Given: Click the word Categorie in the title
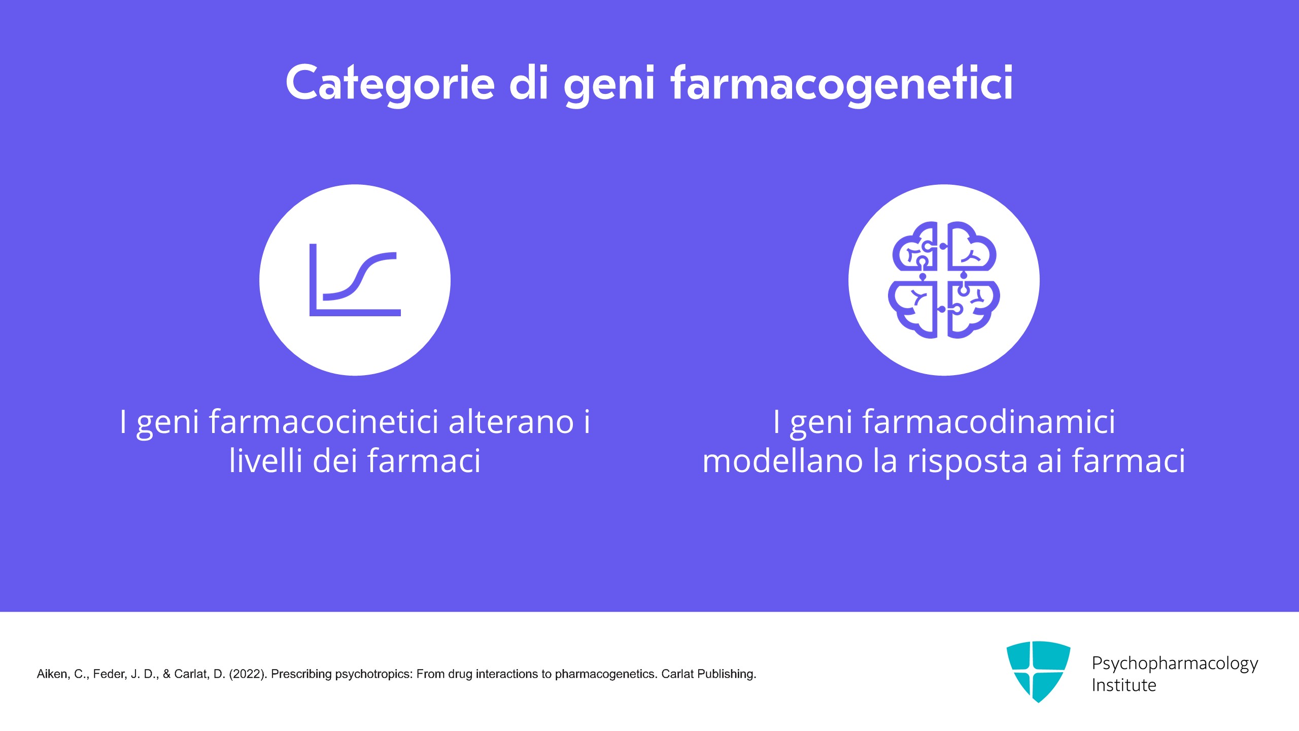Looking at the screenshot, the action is [x=390, y=83].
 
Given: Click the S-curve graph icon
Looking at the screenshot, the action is [x=355, y=280].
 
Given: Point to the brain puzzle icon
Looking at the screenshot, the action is [x=944, y=280].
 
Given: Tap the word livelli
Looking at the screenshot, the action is [x=266, y=460].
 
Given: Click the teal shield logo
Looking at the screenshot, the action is [x=1038, y=672].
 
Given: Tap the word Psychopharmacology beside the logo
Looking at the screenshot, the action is [x=1175, y=664].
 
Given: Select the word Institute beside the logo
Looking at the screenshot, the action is [x=1124, y=685].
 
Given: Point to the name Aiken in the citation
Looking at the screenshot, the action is [x=52, y=674].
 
